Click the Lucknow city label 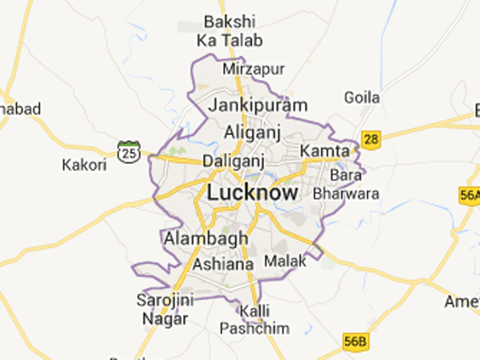[252, 193]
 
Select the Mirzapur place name [254, 69]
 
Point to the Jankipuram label [258, 105]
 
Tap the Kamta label [325, 151]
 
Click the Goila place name [361, 98]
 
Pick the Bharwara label [338, 193]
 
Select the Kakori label [83, 165]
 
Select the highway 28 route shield [370, 138]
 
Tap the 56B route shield [355, 340]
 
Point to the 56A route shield [470, 195]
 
